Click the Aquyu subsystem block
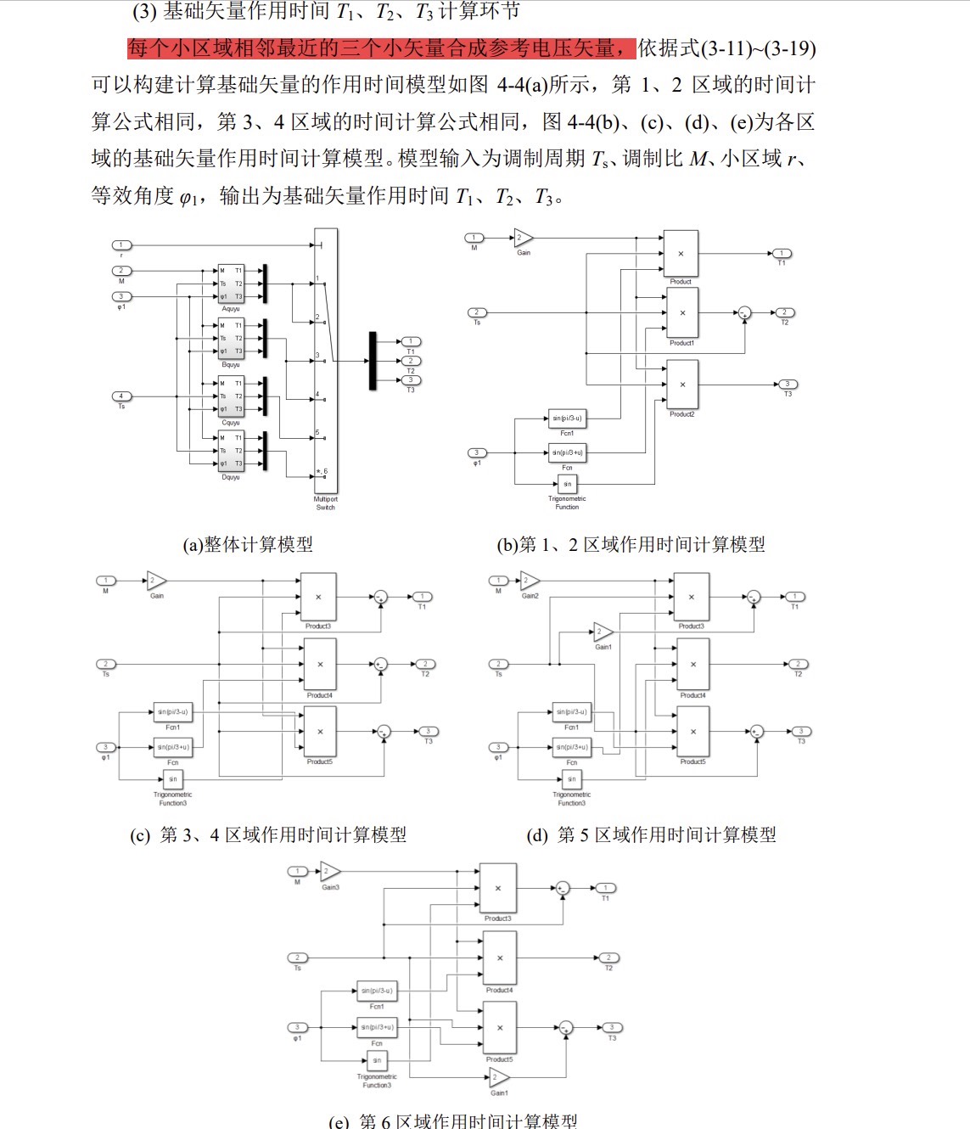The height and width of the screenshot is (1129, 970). (231, 284)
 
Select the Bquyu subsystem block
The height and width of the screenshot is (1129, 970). (231, 339)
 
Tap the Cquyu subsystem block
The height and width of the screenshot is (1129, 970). (231, 396)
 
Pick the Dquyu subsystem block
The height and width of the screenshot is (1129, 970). (231, 451)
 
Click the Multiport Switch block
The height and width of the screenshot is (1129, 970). (325, 361)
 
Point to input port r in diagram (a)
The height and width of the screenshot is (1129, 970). (121, 245)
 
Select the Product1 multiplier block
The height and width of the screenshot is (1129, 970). (681, 313)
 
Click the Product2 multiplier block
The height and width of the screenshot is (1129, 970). (681, 385)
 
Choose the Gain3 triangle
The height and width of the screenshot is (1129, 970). (329, 872)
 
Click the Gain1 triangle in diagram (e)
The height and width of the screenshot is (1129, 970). (498, 1077)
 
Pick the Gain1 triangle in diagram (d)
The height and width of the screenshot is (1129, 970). (602, 632)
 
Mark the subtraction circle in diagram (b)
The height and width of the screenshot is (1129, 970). (744, 313)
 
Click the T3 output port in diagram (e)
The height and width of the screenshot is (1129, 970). (611, 1028)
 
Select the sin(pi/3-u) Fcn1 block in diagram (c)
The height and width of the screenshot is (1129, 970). (172, 712)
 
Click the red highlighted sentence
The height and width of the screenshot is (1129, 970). (381, 48)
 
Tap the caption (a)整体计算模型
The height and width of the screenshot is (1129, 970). (248, 544)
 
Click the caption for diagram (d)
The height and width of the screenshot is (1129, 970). (651, 835)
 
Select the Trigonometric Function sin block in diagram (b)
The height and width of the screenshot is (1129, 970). (567, 484)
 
